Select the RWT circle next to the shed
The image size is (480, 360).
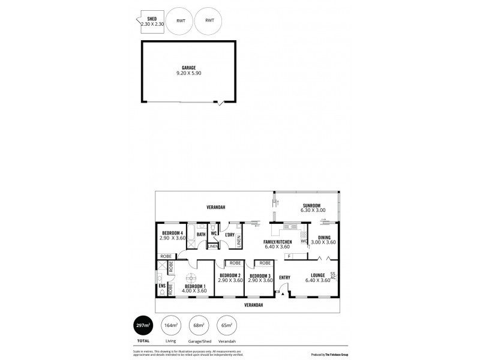pos(180,21)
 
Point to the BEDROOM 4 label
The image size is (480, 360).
pos(172,232)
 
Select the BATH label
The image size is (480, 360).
pos(201,234)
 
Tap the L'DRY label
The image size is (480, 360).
pos(229,234)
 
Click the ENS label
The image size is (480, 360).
pos(161,286)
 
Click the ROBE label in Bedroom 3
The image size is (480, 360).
pos(265,263)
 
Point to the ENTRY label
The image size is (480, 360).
pos(284,277)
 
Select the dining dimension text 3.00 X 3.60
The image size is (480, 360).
pos(323,242)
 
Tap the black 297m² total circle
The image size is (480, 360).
pos(143,325)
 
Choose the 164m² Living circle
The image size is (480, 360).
pos(171,325)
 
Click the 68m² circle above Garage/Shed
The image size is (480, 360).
pos(199,325)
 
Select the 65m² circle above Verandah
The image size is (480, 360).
pos(226,325)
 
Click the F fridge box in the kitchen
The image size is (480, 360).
pos(290,257)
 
